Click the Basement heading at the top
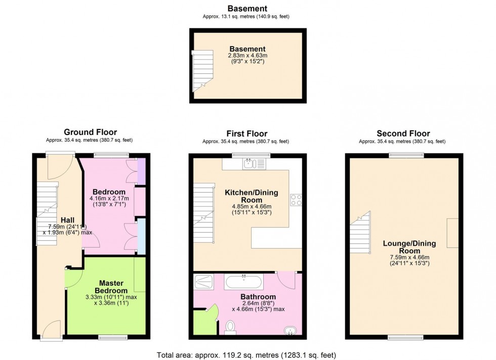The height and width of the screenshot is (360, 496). (x=247, y=8)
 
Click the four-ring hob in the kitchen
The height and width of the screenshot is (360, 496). (x=296, y=200)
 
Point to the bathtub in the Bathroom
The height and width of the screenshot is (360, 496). (x=243, y=282)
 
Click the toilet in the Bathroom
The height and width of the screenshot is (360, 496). (x=230, y=328)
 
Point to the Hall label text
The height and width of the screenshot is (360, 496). (x=68, y=220)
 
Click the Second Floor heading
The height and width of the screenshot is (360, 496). (x=402, y=133)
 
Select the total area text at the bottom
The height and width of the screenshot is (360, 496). (x=247, y=355)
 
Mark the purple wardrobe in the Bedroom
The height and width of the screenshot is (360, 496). (x=142, y=170)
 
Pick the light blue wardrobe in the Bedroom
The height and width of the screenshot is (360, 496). (x=142, y=236)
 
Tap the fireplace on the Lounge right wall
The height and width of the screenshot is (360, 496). (x=452, y=233)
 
